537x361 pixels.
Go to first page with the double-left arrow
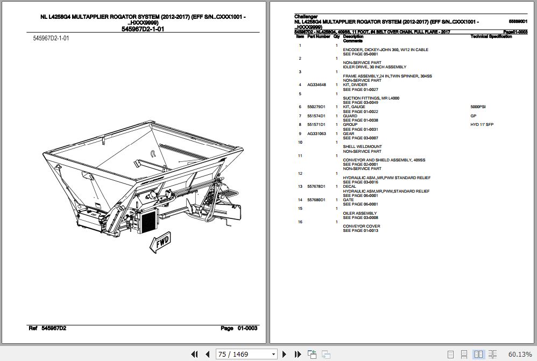click(x=195, y=354)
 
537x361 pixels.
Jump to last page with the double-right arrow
click(x=298, y=354)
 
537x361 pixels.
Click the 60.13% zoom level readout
click(x=520, y=354)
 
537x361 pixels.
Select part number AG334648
click(x=316, y=85)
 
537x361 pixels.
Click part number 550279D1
click(x=316, y=107)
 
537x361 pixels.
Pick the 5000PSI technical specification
click(x=478, y=107)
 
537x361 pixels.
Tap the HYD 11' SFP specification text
click(x=482, y=125)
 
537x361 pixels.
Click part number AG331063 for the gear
click(x=316, y=133)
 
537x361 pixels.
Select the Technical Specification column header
click(x=491, y=37)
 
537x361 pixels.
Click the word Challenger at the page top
click(x=306, y=17)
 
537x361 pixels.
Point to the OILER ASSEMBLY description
click(x=360, y=213)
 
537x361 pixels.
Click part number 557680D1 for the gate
click(x=316, y=200)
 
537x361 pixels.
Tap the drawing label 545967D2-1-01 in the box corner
click(x=51, y=38)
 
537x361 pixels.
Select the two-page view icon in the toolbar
click(x=478, y=354)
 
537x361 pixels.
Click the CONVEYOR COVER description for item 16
click(x=362, y=226)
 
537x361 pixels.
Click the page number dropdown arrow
click(x=274, y=354)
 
